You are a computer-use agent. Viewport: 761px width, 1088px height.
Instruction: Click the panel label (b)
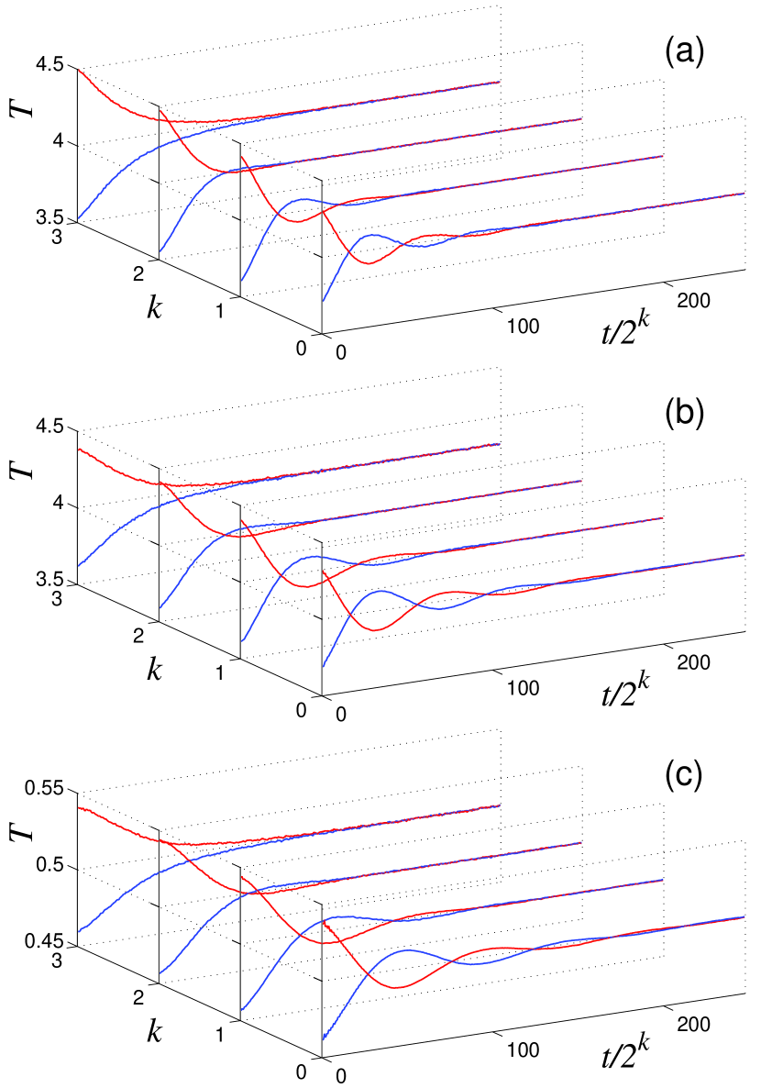coord(683,414)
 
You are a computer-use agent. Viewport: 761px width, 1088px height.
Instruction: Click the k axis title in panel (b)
coord(154,668)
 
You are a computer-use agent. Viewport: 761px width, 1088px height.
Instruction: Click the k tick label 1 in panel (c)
coord(221,1033)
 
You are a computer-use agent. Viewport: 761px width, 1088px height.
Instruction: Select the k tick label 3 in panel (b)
coord(57,598)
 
